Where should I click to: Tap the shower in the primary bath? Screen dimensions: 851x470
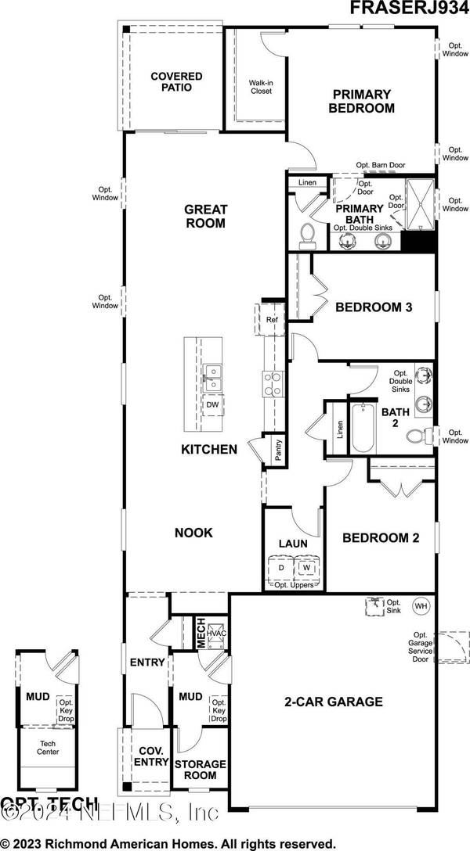418,207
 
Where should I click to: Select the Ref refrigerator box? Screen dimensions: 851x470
272,320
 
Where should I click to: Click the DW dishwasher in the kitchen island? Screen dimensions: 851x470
212,404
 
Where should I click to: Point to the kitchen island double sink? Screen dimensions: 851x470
211,378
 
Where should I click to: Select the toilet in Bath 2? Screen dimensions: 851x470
423,436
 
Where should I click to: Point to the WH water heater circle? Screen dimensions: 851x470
421,605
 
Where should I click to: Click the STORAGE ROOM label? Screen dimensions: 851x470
200,768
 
